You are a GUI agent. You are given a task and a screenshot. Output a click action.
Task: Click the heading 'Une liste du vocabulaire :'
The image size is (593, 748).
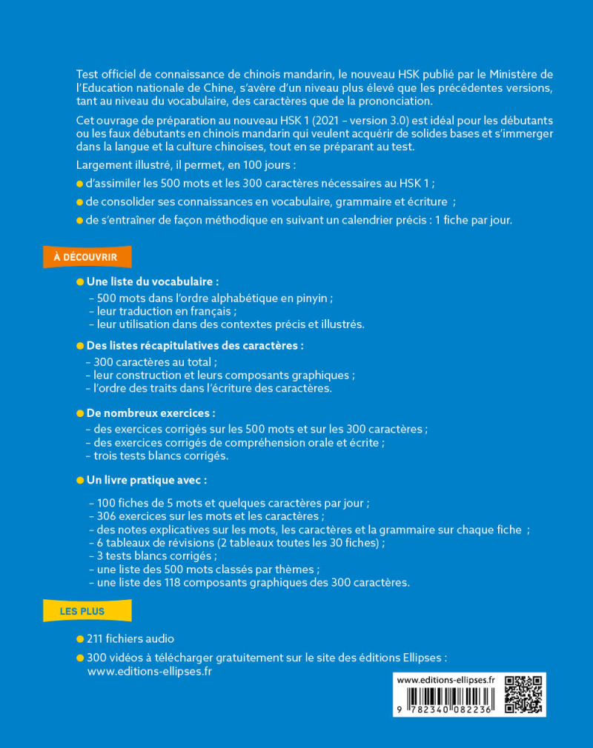tap(153, 282)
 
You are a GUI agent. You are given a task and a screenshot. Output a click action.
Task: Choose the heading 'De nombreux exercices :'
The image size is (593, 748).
tap(151, 413)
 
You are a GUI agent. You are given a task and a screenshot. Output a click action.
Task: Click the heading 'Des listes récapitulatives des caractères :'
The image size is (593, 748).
tap(195, 346)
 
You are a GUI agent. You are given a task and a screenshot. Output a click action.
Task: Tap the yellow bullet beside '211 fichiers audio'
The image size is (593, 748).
tap(80, 638)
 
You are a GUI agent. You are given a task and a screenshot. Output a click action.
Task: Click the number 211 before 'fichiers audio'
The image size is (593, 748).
tap(96, 638)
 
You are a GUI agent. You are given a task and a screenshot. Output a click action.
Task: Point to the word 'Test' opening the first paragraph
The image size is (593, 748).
tap(87, 75)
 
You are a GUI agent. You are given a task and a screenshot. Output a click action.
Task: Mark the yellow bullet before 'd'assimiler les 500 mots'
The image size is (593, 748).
tap(80, 184)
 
